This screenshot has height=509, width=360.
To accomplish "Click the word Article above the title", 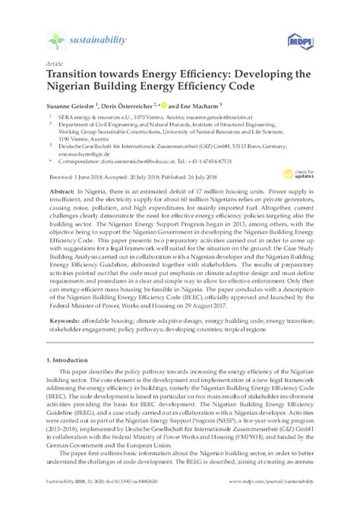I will (55, 65).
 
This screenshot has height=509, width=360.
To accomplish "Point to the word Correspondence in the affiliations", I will (83, 162).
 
